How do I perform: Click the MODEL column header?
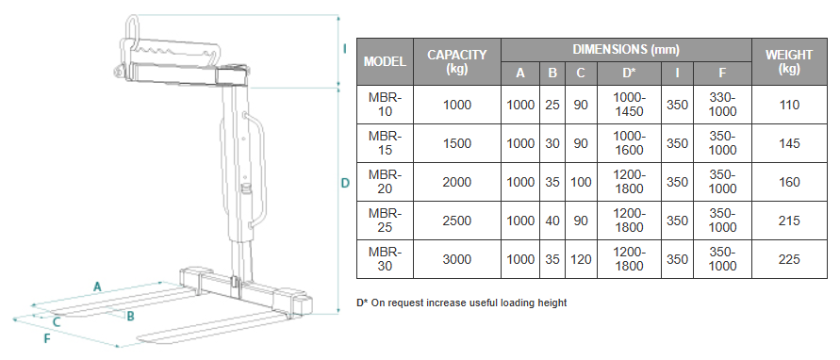coord(385,61)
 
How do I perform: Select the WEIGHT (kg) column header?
coord(788,61)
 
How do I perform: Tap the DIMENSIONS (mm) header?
coord(626,50)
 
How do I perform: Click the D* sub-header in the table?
coord(629,74)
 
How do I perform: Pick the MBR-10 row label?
coord(385,105)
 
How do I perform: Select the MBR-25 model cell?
coord(385,221)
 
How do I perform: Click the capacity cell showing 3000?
coord(457,259)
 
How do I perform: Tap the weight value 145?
coord(789,143)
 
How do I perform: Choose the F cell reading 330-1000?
coord(723,105)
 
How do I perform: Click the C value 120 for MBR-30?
coord(581,259)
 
